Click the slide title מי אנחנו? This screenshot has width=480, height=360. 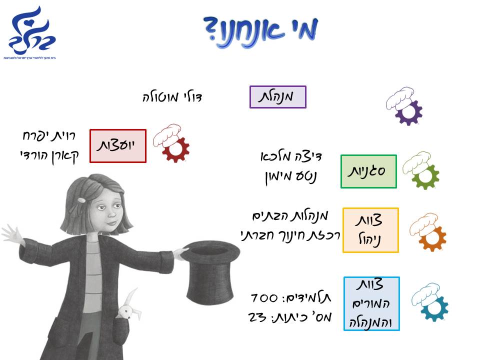click(x=261, y=29)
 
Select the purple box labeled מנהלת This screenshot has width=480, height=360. click(x=277, y=96)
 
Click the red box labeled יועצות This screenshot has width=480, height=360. click(x=118, y=145)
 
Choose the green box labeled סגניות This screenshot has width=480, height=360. click(x=368, y=171)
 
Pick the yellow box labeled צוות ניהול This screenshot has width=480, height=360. click(x=370, y=230)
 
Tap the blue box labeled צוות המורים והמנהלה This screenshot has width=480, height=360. click(x=371, y=303)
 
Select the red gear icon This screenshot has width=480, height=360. click(x=175, y=149)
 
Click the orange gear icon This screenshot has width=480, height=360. click(x=433, y=238)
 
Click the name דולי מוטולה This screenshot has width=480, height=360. click(x=172, y=96)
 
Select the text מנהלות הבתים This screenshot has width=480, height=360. click(x=290, y=216)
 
